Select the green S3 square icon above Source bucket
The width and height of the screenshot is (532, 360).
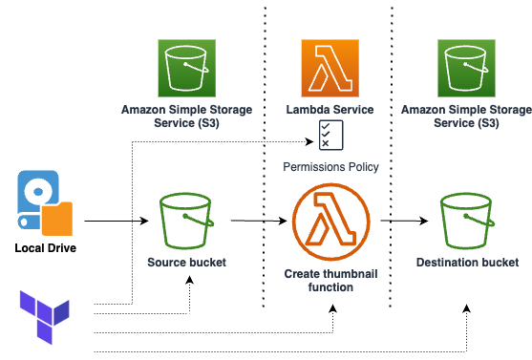click(186, 67)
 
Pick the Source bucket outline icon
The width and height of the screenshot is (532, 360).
click(186, 222)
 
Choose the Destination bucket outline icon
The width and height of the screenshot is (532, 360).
click(467, 222)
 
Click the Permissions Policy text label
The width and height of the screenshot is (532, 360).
click(331, 167)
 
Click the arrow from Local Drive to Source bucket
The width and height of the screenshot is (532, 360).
click(115, 222)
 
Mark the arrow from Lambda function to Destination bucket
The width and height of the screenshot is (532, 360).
click(402, 222)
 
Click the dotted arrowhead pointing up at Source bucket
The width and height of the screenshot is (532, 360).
click(189, 280)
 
